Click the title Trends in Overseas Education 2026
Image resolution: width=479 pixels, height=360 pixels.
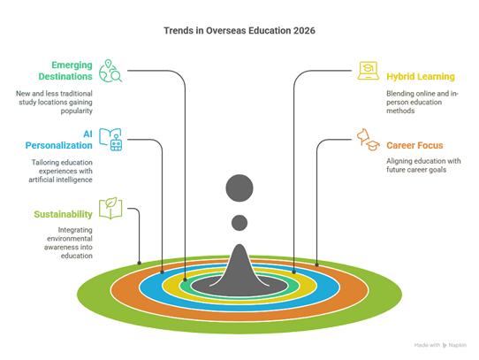pos(239,31)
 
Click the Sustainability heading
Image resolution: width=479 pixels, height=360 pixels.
pos(65,215)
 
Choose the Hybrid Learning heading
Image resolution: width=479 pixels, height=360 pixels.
pos(420,77)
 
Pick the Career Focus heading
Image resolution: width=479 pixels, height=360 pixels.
pos(414,143)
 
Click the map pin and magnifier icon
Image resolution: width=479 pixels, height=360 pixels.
pos(110,70)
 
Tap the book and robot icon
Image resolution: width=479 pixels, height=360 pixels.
pos(110,138)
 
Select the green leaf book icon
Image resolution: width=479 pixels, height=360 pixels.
pos(110,209)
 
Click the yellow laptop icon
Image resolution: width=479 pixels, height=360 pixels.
pos(368,71)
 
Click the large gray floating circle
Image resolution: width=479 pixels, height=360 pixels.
pos(239,188)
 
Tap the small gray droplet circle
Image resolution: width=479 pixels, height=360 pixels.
pos(239,222)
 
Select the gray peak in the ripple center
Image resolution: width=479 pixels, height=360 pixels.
pos(239,265)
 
